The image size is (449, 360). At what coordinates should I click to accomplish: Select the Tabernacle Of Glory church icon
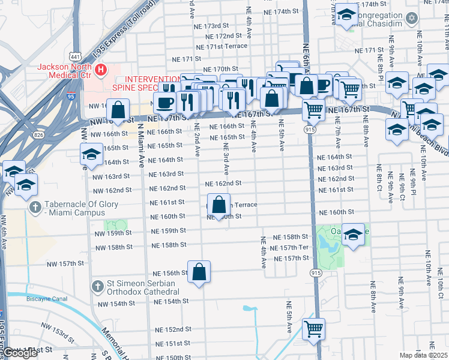pyautogui.click(x=35, y=208)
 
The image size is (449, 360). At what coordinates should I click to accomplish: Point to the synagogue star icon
pyautogui.click(x=412, y=19)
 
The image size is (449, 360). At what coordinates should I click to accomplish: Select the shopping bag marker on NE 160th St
pyautogui.click(x=220, y=205)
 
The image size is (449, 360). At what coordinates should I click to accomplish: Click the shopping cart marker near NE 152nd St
pyautogui.click(x=313, y=329)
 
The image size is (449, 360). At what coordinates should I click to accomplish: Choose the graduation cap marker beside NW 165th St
pyautogui.click(x=91, y=154)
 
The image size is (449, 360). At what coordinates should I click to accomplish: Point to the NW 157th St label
pyautogui.click(x=65, y=263)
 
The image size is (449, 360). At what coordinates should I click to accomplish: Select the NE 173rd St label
pyautogui.click(x=217, y=26)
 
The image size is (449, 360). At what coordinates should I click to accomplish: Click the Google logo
pyautogui.click(x=20, y=353)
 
